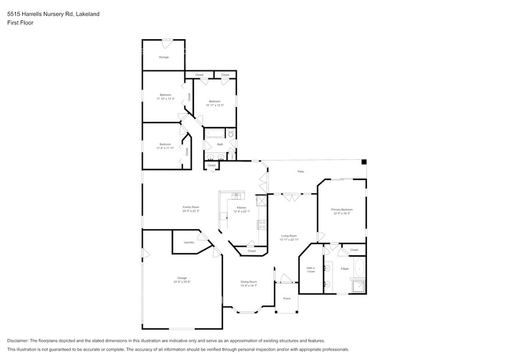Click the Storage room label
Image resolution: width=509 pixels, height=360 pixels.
pyautogui.click(x=164, y=57)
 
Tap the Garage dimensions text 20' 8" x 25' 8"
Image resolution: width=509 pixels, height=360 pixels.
pyautogui.click(x=182, y=282)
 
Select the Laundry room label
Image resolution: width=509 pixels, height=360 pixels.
pyautogui.click(x=189, y=242)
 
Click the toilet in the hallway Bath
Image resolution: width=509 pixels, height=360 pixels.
pyautogui.click(x=231, y=133)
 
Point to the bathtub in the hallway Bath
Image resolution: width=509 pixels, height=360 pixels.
pyautogui.click(x=214, y=133)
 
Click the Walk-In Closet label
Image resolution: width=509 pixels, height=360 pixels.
pyautogui.click(x=311, y=269)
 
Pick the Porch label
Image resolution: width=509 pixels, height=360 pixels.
pyautogui.click(x=287, y=298)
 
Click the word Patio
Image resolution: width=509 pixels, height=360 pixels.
pyautogui.click(x=301, y=171)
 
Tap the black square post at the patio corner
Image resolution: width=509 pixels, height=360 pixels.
pyautogui.click(x=364, y=162)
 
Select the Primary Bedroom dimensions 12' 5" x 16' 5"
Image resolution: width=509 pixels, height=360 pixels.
pyautogui.click(x=342, y=214)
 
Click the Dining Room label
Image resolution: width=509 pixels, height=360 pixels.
pyautogui.click(x=248, y=282)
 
